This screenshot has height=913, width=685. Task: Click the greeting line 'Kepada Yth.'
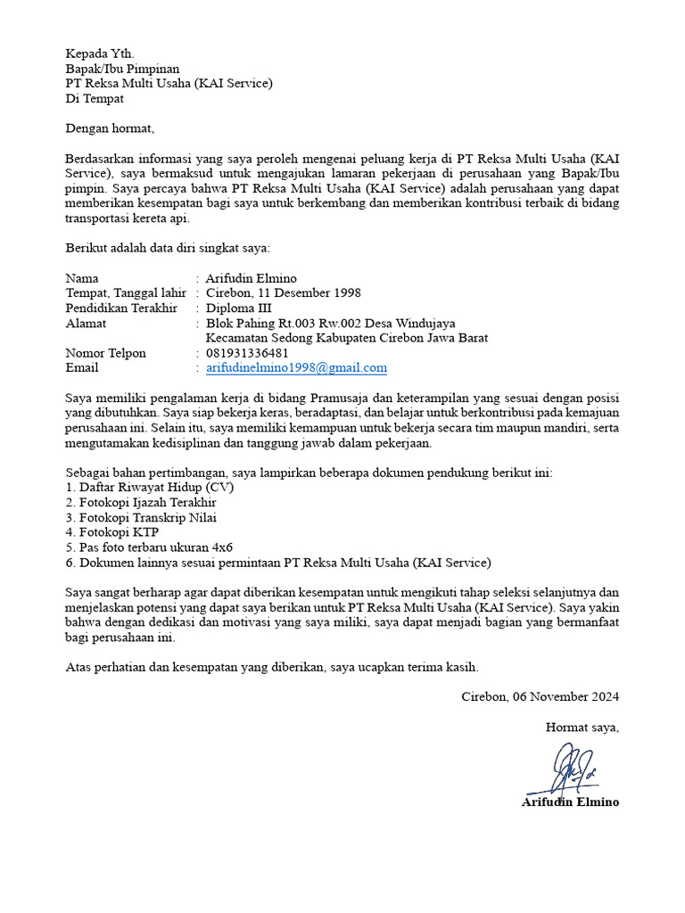[x=100, y=53]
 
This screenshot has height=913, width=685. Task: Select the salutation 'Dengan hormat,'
[x=110, y=128]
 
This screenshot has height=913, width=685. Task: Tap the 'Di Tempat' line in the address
[x=95, y=99]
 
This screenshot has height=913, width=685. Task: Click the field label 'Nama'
[x=83, y=278]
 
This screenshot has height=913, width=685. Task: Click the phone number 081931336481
[x=247, y=353]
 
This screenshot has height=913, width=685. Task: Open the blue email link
[x=296, y=368]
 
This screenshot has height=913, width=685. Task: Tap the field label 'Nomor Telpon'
[x=105, y=353]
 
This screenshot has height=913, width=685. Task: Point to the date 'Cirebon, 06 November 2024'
[x=540, y=696]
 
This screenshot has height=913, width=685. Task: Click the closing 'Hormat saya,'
[x=582, y=728]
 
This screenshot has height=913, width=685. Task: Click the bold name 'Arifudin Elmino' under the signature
[x=570, y=802]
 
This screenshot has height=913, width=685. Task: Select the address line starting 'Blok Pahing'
[x=330, y=324]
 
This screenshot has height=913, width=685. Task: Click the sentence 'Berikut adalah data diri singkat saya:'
[x=168, y=248]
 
